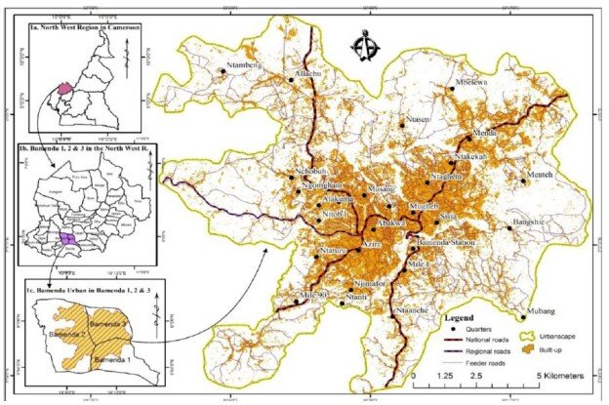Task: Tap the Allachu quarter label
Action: tap(308, 74)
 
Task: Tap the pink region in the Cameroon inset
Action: tap(65, 87)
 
